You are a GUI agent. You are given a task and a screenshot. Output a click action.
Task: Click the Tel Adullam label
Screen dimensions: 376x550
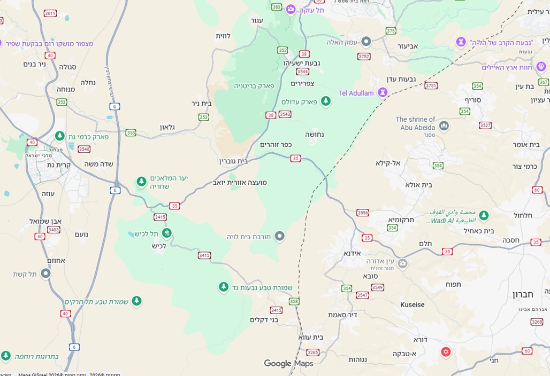tap(356, 93)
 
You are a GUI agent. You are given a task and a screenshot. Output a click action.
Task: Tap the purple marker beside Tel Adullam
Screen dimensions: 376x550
tap(383, 92)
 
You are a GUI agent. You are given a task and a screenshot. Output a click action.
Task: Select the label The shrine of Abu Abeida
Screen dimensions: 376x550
tap(416, 123)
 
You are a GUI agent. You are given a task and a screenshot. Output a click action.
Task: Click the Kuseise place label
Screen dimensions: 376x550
tap(412, 304)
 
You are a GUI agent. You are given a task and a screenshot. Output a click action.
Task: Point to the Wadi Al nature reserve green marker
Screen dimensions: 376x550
tap(484, 215)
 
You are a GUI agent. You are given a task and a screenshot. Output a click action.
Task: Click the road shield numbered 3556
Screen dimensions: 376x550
tap(363, 213)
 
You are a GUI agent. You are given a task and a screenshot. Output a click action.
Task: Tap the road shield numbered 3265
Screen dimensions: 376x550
tap(313, 352)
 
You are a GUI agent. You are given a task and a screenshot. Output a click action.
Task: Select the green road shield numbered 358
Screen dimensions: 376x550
tap(294, 302)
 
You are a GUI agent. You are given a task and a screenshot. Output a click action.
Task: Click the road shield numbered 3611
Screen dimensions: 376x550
tap(50, 13)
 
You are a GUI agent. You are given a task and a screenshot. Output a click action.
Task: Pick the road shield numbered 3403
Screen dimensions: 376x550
tap(54, 230)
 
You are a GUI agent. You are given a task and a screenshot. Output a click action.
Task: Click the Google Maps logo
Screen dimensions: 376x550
tap(288, 364)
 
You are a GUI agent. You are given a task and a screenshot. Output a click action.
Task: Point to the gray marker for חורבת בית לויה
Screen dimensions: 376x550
tap(279, 236)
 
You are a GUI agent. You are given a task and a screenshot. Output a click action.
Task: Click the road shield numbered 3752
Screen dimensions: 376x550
tap(364, 56)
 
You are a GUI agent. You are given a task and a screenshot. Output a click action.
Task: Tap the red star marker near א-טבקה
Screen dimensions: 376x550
tap(445, 352)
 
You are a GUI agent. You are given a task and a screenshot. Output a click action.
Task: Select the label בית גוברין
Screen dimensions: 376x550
tap(234, 161)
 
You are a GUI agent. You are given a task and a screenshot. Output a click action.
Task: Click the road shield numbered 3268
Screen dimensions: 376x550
tap(537, 322)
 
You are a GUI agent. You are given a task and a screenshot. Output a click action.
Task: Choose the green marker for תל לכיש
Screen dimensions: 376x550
tap(167, 233)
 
